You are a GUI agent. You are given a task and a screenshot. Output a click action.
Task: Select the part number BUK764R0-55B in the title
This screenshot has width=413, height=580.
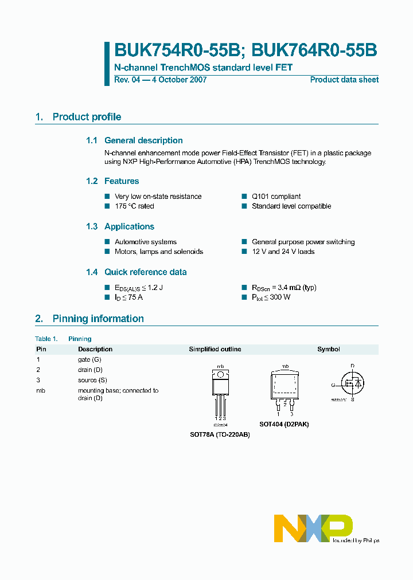pos(314,50)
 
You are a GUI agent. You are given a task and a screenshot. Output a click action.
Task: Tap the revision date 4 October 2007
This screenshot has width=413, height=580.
pos(178,80)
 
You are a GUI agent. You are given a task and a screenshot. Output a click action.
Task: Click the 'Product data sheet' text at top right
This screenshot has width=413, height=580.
pos(344,80)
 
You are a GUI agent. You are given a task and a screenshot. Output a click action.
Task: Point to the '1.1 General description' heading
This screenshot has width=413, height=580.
pos(134,140)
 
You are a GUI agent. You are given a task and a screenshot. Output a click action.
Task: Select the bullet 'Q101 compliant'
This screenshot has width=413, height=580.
pos(276,197)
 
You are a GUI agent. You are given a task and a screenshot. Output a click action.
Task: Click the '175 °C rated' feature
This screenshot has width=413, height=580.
pos(134,206)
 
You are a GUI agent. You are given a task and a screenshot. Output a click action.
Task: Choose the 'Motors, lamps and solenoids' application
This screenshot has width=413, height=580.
pos(158,252)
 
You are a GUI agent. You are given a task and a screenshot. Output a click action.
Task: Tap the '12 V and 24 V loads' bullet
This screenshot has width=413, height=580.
pos(283,252)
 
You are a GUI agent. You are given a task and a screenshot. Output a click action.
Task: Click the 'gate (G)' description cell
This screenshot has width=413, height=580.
pos(89,359)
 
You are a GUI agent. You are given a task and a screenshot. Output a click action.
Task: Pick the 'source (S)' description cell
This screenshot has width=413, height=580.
pos(92,380)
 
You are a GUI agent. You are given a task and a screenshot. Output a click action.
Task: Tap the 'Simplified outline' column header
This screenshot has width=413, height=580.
pos(215,349)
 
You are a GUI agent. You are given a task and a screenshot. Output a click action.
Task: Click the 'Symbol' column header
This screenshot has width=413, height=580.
pos(329,349)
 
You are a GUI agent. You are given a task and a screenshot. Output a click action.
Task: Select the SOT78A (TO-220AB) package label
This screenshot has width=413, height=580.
pos(220,434)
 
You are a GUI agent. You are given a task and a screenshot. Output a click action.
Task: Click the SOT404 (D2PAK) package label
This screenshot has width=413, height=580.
pos(284,424)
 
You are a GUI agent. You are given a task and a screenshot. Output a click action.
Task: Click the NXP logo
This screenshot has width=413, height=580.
pos(313,528)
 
